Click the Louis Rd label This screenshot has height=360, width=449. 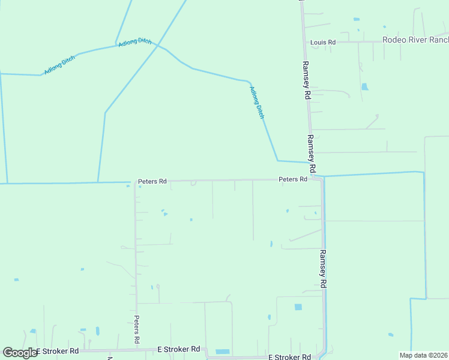322,43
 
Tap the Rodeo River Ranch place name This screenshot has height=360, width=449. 415,40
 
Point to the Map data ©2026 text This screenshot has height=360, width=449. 424,355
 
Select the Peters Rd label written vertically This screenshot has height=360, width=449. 137,329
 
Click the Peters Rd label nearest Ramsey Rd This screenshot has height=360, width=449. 293,179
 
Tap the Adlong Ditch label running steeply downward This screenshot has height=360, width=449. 256,102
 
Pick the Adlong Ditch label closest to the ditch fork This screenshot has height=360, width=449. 135,42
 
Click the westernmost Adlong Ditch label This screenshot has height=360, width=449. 59,65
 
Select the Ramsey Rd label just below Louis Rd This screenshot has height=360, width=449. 306,80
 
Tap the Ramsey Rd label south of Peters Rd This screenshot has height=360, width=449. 323,268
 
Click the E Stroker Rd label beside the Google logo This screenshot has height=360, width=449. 58,351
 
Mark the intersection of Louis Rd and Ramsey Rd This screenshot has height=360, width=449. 303,42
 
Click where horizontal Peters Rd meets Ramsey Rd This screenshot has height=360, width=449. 317,178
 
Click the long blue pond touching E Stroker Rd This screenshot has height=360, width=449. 222,351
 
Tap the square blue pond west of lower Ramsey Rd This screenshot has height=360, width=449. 298,307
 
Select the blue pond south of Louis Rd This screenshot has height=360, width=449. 364,87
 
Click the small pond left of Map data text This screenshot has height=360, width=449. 391,334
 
